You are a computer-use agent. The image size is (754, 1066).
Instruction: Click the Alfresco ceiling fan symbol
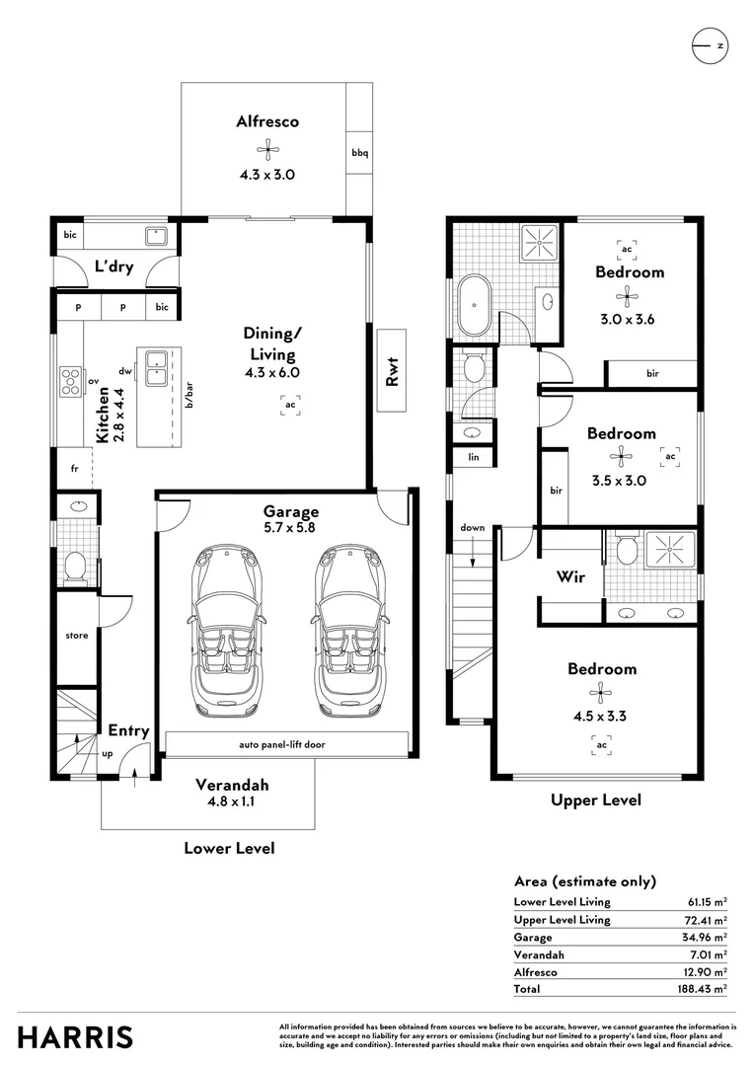click(x=266, y=150)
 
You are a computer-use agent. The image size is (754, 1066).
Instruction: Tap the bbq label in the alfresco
click(x=359, y=153)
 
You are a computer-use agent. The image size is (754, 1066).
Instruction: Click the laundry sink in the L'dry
click(x=155, y=236)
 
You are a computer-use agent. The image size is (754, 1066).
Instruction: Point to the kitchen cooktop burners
click(x=71, y=380)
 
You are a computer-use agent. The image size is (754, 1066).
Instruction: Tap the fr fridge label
click(x=74, y=469)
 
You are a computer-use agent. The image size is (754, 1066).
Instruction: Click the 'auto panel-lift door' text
click(x=281, y=744)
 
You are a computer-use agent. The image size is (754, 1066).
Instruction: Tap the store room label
click(x=77, y=636)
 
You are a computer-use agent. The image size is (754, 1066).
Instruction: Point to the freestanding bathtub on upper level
click(x=477, y=306)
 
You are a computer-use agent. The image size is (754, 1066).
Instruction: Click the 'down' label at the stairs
click(x=473, y=527)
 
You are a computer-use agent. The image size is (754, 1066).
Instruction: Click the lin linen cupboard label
click(x=473, y=457)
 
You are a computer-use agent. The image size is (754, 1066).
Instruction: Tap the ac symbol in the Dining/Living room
click(x=290, y=405)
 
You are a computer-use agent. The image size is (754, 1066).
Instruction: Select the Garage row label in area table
click(x=533, y=937)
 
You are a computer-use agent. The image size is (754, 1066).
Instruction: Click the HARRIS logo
click(x=75, y=1037)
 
